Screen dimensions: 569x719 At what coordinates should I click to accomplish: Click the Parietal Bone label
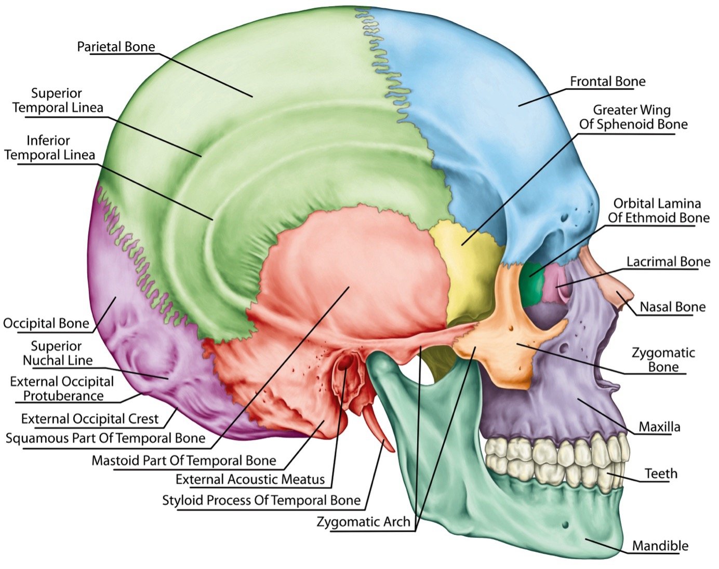[x=116, y=47]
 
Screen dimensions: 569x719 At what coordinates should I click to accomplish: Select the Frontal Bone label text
[x=607, y=82]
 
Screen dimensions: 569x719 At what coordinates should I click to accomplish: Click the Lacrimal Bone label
[x=668, y=262]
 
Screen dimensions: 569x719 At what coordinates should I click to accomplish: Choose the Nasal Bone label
[x=672, y=307]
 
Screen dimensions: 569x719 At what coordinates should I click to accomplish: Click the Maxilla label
[x=659, y=427]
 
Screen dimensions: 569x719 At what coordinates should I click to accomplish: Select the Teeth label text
[x=661, y=473]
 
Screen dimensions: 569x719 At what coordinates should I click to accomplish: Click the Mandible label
[x=660, y=546]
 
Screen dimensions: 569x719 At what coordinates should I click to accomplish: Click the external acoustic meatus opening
[x=343, y=364]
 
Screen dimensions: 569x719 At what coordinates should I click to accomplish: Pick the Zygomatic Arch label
[x=363, y=522]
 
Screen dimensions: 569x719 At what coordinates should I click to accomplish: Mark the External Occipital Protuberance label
[x=62, y=389]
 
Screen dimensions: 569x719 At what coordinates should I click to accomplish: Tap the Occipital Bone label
[x=46, y=323]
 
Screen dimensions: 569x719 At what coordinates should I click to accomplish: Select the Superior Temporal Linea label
[x=57, y=101]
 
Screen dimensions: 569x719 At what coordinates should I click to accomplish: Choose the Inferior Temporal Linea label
[x=49, y=147]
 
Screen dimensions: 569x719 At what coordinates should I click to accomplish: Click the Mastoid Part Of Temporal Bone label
[x=184, y=460]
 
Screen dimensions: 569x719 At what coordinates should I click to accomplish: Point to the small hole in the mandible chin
[x=565, y=526]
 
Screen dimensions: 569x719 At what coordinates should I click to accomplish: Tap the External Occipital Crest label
[x=90, y=418]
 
